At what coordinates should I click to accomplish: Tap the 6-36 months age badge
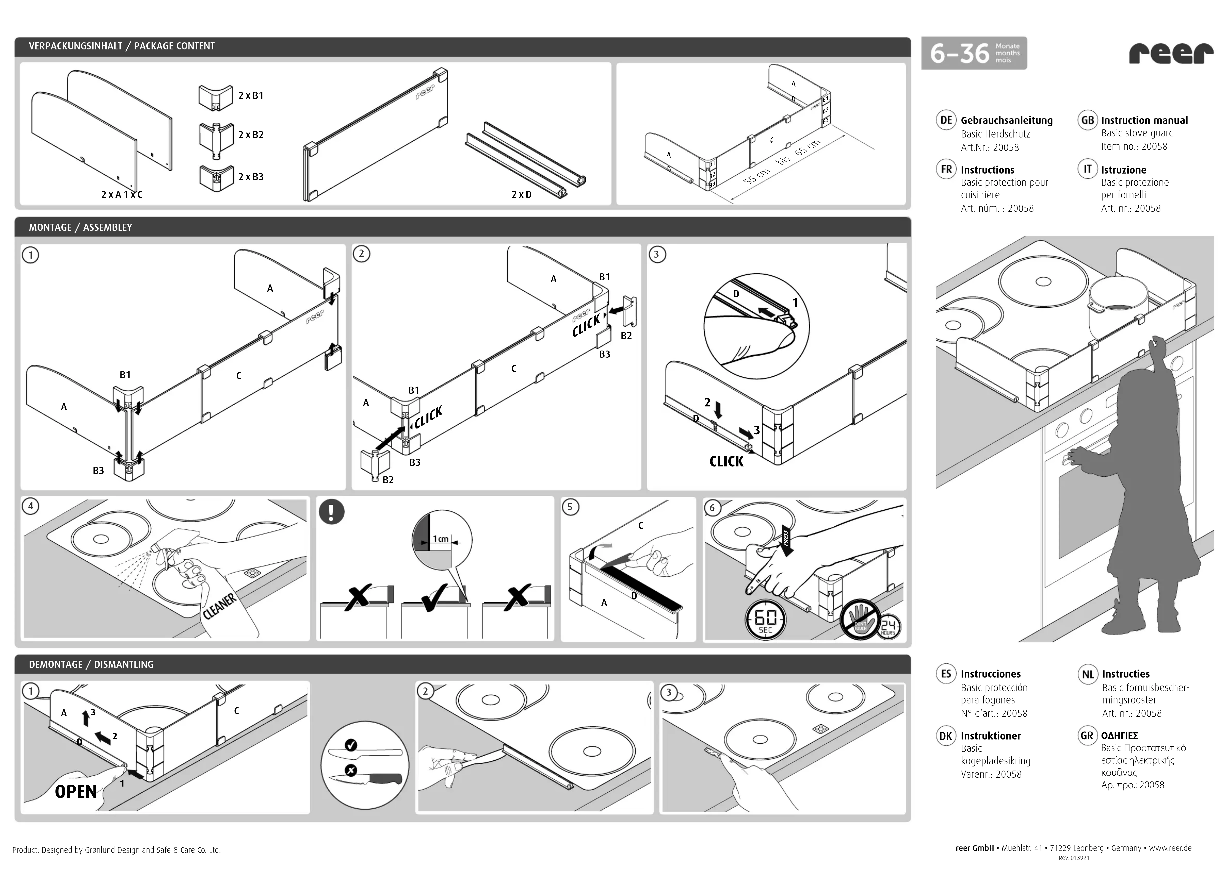973,53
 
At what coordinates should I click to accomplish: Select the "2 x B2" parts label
251,135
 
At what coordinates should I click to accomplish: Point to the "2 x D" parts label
521,195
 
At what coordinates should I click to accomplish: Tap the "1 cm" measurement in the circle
440,539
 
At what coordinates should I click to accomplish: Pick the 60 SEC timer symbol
765,620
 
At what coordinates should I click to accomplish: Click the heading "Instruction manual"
1144,120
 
